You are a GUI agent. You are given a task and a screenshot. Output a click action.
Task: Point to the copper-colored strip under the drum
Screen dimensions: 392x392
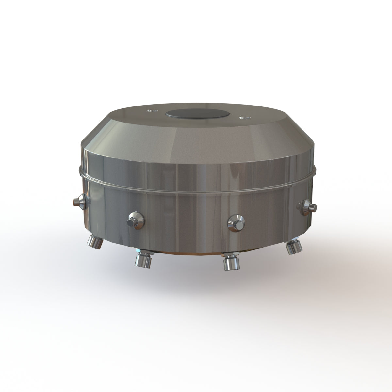pos(189,254)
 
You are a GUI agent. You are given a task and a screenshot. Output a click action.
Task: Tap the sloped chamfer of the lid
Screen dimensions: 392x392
pos(196,137)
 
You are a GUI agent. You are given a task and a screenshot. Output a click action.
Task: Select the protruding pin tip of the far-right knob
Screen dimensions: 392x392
pos(314,206)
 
